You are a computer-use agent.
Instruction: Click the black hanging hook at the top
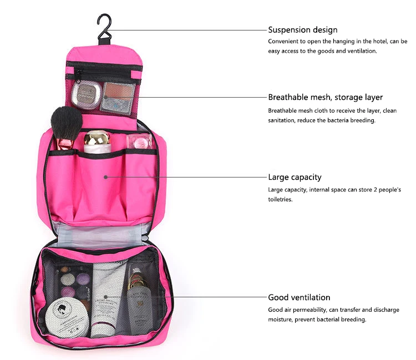coord(103,27)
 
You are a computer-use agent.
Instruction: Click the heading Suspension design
coord(302,30)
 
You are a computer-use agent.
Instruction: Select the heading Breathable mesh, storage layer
coord(325,97)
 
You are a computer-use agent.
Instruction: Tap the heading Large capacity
coord(295,177)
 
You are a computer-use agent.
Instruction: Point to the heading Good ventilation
coord(299,297)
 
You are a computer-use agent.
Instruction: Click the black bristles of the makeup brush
coord(66,122)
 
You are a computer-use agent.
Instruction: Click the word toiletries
coord(280,200)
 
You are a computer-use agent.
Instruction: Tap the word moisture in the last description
coord(280,320)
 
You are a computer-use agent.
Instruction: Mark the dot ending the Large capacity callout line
coord(105,177)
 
